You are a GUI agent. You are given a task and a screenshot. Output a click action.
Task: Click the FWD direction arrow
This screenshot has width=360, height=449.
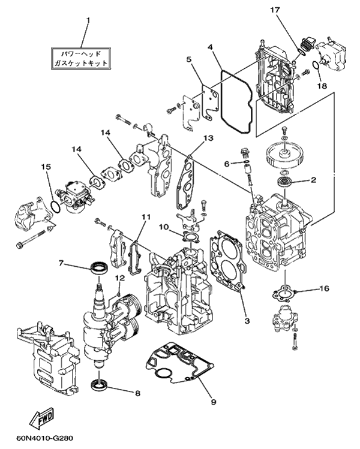point(43,418)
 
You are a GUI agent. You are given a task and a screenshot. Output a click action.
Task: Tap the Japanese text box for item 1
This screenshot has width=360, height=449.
point(81,58)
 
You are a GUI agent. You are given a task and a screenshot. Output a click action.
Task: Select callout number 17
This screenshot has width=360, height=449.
point(275,10)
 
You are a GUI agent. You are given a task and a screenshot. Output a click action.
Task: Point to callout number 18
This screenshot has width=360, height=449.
point(322,86)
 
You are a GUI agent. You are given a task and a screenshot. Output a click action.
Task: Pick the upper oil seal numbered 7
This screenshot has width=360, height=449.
point(100,269)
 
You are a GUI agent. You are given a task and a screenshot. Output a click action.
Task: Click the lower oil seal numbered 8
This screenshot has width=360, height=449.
point(100,385)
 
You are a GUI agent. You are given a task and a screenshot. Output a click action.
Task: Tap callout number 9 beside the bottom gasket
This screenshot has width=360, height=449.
point(213,402)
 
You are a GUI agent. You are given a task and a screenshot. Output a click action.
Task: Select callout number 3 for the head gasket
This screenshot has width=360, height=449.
point(247,321)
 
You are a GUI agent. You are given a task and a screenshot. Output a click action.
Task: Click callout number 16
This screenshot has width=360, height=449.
point(325,288)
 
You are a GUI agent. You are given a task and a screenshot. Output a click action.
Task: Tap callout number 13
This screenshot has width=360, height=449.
point(209,138)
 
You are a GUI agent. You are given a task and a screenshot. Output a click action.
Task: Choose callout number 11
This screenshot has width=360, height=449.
point(146,217)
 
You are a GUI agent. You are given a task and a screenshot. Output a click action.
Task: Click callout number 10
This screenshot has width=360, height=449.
point(164,227)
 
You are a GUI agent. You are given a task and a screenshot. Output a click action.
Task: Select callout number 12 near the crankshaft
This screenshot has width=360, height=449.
point(121,278)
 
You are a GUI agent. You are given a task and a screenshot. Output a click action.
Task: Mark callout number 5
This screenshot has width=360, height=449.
point(188,59)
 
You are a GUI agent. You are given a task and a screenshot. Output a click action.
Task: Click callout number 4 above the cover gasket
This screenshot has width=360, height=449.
point(210,47)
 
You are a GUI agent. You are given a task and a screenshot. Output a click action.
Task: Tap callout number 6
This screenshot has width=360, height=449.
point(227,164)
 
